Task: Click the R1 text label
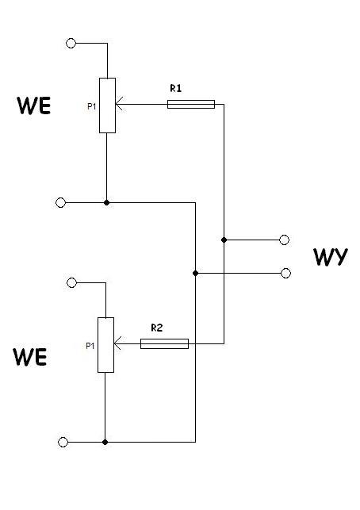(175, 88)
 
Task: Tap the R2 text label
(157, 328)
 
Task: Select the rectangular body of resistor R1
(191, 104)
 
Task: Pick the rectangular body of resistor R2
(164, 343)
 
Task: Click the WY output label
(331, 257)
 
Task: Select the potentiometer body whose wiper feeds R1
(107, 105)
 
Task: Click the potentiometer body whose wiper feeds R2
(105, 345)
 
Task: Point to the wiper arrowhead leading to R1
(120, 104)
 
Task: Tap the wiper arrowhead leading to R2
(117, 343)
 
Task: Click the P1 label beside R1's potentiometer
(92, 106)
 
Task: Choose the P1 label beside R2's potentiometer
(90, 346)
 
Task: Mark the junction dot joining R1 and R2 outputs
(224, 240)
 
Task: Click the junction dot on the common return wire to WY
(195, 273)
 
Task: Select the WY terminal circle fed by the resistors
(284, 240)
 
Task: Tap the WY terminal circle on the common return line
(285, 273)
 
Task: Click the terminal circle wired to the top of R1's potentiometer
(71, 43)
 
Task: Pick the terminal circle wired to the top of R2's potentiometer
(71, 282)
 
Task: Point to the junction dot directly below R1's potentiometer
(106, 202)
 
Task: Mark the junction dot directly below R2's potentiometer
(105, 442)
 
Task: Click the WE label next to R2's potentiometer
(30, 357)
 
